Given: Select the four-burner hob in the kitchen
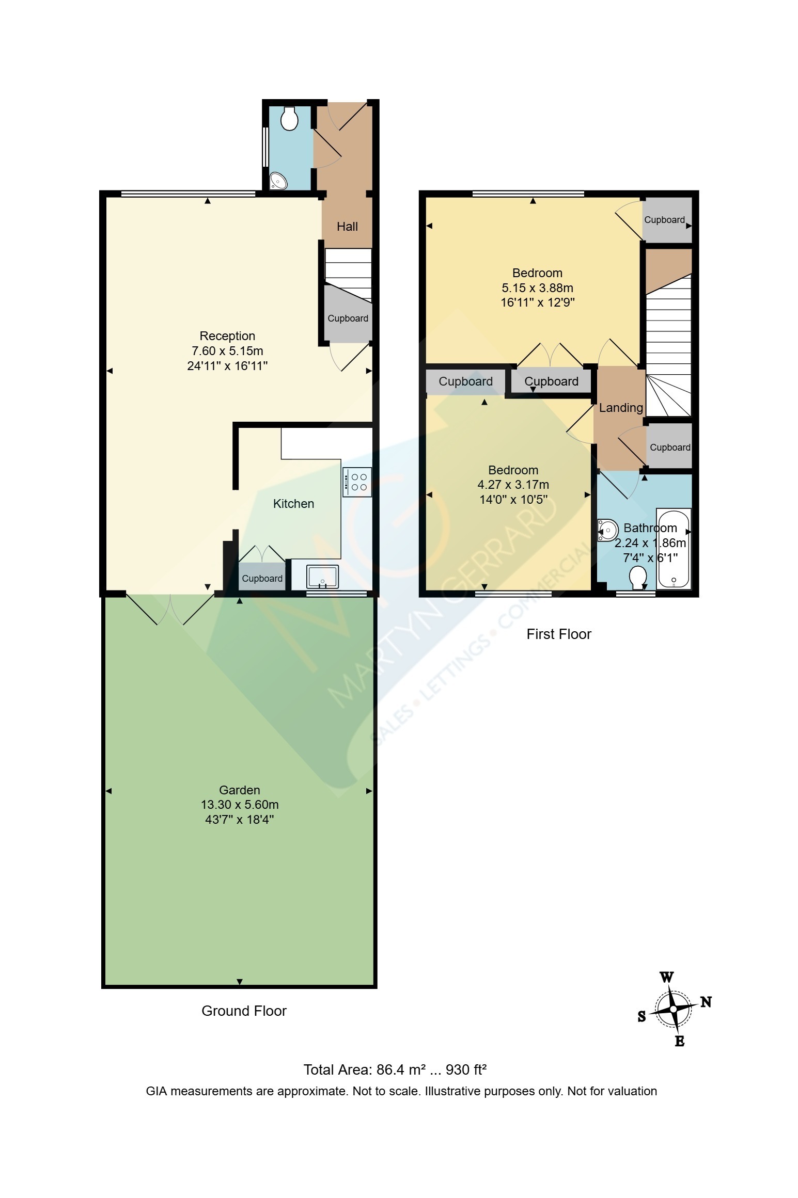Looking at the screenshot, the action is tap(357, 482).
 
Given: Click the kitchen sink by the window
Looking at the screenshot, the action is tap(323, 577).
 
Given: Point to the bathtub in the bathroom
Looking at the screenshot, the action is tap(674, 548).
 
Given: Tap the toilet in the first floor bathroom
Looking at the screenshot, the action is tap(638, 578).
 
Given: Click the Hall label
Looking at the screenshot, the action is tap(347, 226).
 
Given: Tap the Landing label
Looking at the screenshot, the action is tap(621, 408).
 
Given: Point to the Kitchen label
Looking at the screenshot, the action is tap(293, 504).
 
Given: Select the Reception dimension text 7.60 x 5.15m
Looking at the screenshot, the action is tap(227, 351).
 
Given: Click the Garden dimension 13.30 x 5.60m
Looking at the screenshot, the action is tap(240, 805).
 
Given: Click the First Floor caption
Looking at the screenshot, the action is tap(559, 634).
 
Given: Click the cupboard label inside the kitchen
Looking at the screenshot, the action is tap(262, 579).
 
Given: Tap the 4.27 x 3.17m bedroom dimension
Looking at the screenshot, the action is tap(513, 485).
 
